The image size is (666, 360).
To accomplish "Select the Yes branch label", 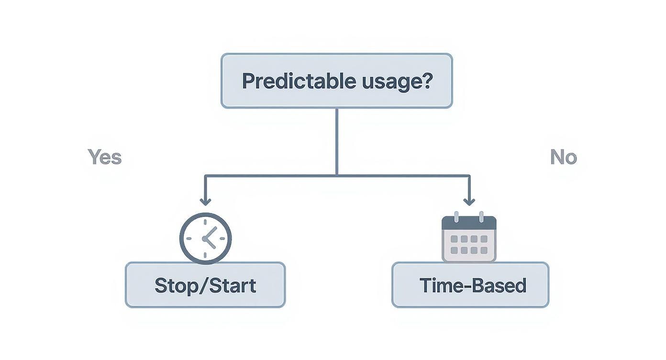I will coord(105,157).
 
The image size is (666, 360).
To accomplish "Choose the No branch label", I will coord(563,157).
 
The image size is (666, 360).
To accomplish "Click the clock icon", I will coord(205,238).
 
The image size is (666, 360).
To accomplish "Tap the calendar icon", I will coord(469,238).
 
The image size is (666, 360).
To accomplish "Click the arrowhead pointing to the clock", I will coord(205,201).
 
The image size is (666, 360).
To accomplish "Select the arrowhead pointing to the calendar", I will coord(469,201).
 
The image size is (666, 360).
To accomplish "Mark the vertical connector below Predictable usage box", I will coord(337,141).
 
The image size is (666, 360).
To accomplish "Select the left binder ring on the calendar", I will coord(456,216).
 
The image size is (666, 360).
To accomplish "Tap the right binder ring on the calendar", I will coord(481,216).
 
